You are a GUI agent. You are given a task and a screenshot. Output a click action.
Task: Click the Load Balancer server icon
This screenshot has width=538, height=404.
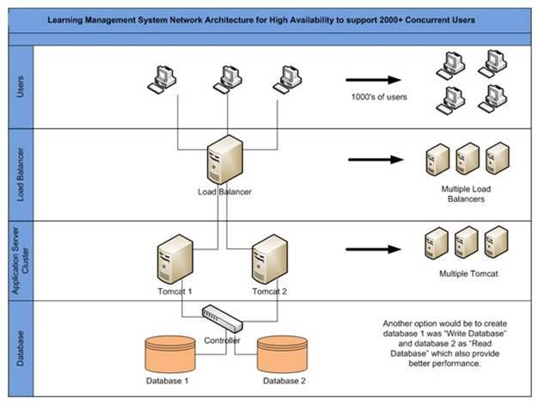[x=225, y=160]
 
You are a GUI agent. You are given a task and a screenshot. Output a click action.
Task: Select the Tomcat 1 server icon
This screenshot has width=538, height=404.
[x=175, y=259]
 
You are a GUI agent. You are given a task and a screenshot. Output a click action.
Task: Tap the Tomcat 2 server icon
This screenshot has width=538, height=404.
[x=270, y=259]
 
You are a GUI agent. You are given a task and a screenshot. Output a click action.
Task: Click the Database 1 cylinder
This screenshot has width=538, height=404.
[x=170, y=354]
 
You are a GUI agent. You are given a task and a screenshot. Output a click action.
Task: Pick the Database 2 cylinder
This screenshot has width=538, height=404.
[x=283, y=354]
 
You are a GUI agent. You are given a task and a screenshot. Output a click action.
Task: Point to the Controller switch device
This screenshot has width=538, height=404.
[x=223, y=319]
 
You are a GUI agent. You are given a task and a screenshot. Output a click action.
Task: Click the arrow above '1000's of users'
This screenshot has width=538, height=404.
[x=373, y=80]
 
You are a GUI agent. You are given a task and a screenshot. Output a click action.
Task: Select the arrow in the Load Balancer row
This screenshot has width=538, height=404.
[x=376, y=160]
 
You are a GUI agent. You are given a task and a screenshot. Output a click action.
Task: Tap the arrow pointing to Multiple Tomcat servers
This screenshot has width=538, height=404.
[x=373, y=249]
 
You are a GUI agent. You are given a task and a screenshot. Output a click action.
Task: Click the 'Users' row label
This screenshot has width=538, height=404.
[x=21, y=87]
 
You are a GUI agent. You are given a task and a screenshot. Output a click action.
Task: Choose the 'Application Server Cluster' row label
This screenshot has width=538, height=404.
[x=21, y=260]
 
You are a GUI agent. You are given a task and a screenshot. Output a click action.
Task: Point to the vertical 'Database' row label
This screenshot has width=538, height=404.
[x=21, y=348]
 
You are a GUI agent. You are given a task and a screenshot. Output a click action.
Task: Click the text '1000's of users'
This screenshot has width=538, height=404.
[x=379, y=97]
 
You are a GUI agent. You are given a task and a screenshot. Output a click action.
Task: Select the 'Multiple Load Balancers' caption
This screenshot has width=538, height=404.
[x=466, y=194]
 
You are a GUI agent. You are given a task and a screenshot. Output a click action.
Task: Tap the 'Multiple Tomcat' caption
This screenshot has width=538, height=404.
[x=468, y=273]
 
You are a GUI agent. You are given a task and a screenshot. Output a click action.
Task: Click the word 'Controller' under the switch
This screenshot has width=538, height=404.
[x=222, y=340]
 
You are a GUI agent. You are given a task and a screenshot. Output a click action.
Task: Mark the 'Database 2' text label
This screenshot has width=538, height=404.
[x=284, y=381]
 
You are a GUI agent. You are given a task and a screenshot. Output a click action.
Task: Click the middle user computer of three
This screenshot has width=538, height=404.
[x=228, y=80]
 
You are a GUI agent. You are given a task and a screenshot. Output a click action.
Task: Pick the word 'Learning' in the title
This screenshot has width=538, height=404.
[x=64, y=21]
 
